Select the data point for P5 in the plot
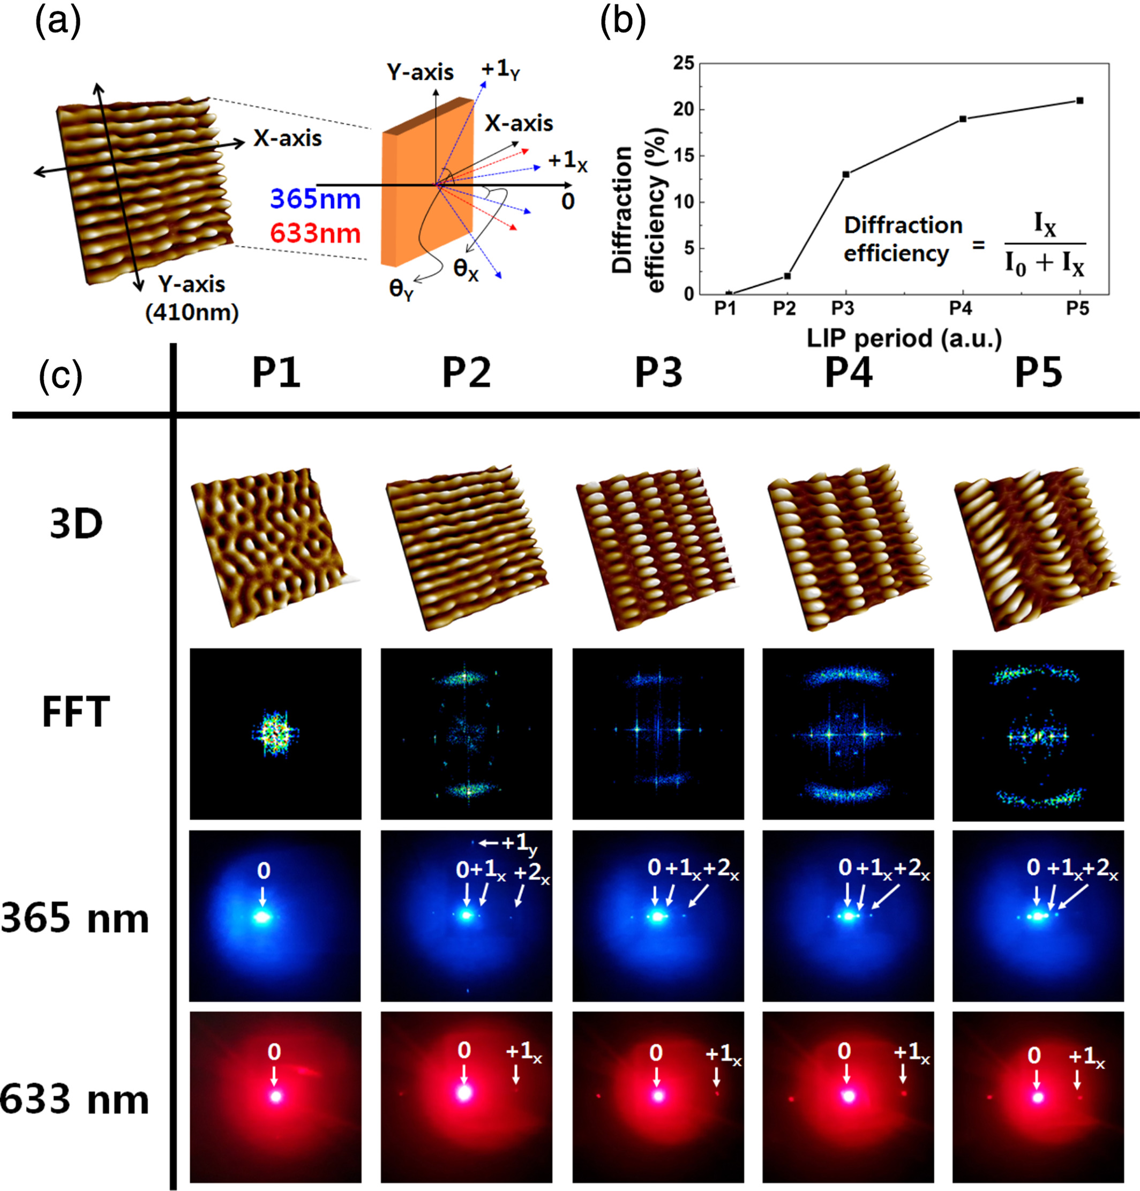pyautogui.click(x=1080, y=100)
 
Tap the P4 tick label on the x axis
pyautogui.click(x=961, y=309)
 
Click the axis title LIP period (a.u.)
pyautogui.click(x=904, y=339)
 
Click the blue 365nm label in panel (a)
pyautogui.click(x=316, y=199)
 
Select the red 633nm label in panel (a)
pyautogui.click(x=316, y=234)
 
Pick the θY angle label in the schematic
pyautogui.click(x=401, y=288)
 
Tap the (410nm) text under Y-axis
pyautogui.click(x=192, y=312)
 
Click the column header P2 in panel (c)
pyautogui.click(x=466, y=372)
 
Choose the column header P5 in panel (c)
pyautogui.click(x=1039, y=372)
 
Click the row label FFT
pyautogui.click(x=76, y=712)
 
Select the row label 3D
pyautogui.click(x=76, y=524)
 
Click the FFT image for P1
pyautogui.click(x=275, y=733)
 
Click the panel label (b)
pyautogui.click(x=622, y=23)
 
